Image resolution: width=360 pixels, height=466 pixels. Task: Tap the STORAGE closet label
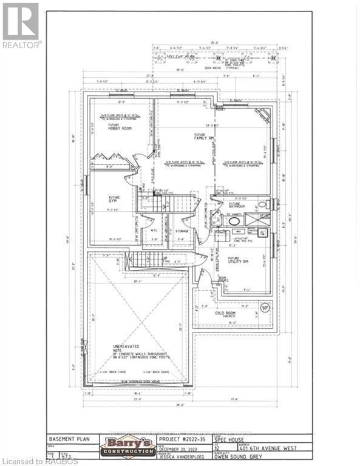(183, 231)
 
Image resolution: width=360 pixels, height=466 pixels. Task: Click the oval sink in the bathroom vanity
(233, 221)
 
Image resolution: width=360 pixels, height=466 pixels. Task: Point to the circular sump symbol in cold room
(265, 308)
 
